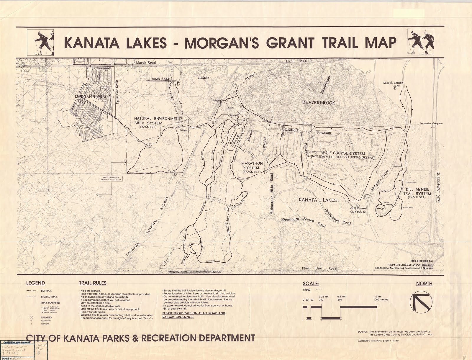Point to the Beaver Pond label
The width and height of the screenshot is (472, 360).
pyautogui.click(x=234, y=138)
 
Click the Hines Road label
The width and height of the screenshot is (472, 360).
pyautogui.click(x=160, y=79)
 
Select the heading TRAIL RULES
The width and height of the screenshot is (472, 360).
pyautogui.click(x=93, y=283)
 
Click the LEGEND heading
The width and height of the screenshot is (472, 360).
pyautogui.click(x=35, y=283)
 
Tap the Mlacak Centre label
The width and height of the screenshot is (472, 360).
pyautogui.click(x=393, y=83)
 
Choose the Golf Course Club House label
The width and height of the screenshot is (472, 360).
pyautogui.click(x=358, y=210)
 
